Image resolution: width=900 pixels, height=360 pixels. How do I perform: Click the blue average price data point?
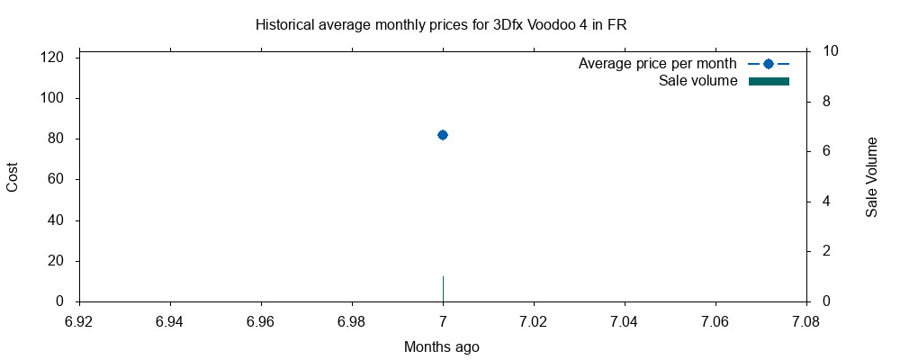click(443, 135)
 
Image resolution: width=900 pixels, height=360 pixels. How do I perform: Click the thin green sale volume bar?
click(443, 290)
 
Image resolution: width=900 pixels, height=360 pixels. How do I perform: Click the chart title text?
click(441, 25)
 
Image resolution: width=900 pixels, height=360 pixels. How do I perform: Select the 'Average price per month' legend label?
click(657, 64)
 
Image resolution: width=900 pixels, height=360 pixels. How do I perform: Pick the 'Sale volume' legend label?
click(698, 81)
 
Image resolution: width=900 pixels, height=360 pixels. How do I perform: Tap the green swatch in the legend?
click(769, 82)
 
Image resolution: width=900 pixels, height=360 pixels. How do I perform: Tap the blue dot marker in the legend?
click(769, 64)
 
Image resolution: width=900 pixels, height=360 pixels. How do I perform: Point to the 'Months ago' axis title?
click(441, 346)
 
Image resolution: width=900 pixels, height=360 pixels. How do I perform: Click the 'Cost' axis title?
click(13, 177)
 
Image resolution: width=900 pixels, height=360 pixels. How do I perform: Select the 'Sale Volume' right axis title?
click(871, 177)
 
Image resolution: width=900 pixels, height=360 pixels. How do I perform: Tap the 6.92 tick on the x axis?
click(79, 320)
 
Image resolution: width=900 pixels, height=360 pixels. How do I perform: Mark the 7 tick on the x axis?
click(443, 320)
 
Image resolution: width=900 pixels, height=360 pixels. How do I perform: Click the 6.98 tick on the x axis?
click(352, 320)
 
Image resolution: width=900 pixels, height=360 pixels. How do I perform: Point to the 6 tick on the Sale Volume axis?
click(822, 151)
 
